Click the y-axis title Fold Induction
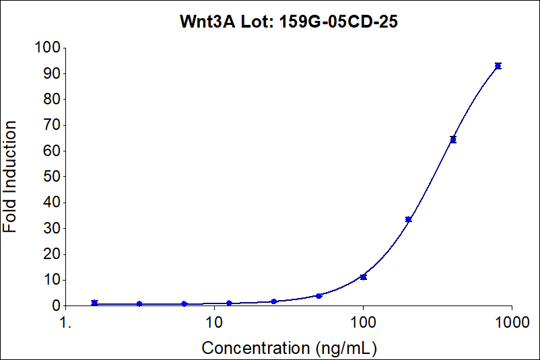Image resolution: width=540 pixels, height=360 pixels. [11, 177]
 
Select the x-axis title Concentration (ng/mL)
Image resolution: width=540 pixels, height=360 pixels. [289, 348]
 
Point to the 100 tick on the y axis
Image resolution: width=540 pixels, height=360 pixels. [48, 48]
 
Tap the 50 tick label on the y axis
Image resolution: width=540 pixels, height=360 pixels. [52, 177]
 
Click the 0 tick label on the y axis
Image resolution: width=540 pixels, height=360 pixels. [56, 305]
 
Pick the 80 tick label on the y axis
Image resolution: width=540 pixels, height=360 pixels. [52, 100]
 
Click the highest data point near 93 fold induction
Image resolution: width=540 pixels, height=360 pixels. [498, 66]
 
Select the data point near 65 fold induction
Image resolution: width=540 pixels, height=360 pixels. [453, 139]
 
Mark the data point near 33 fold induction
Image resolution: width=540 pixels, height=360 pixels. [408, 219]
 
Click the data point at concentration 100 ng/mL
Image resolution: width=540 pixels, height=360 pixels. [364, 277]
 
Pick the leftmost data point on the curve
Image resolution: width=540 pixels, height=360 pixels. [94, 303]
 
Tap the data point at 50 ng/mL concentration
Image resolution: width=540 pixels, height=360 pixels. [318, 295]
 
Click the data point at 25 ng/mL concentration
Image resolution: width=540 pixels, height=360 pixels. [274, 301]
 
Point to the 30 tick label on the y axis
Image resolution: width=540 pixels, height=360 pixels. [52, 228]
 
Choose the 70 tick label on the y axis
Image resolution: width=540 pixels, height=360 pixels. [52, 125]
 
